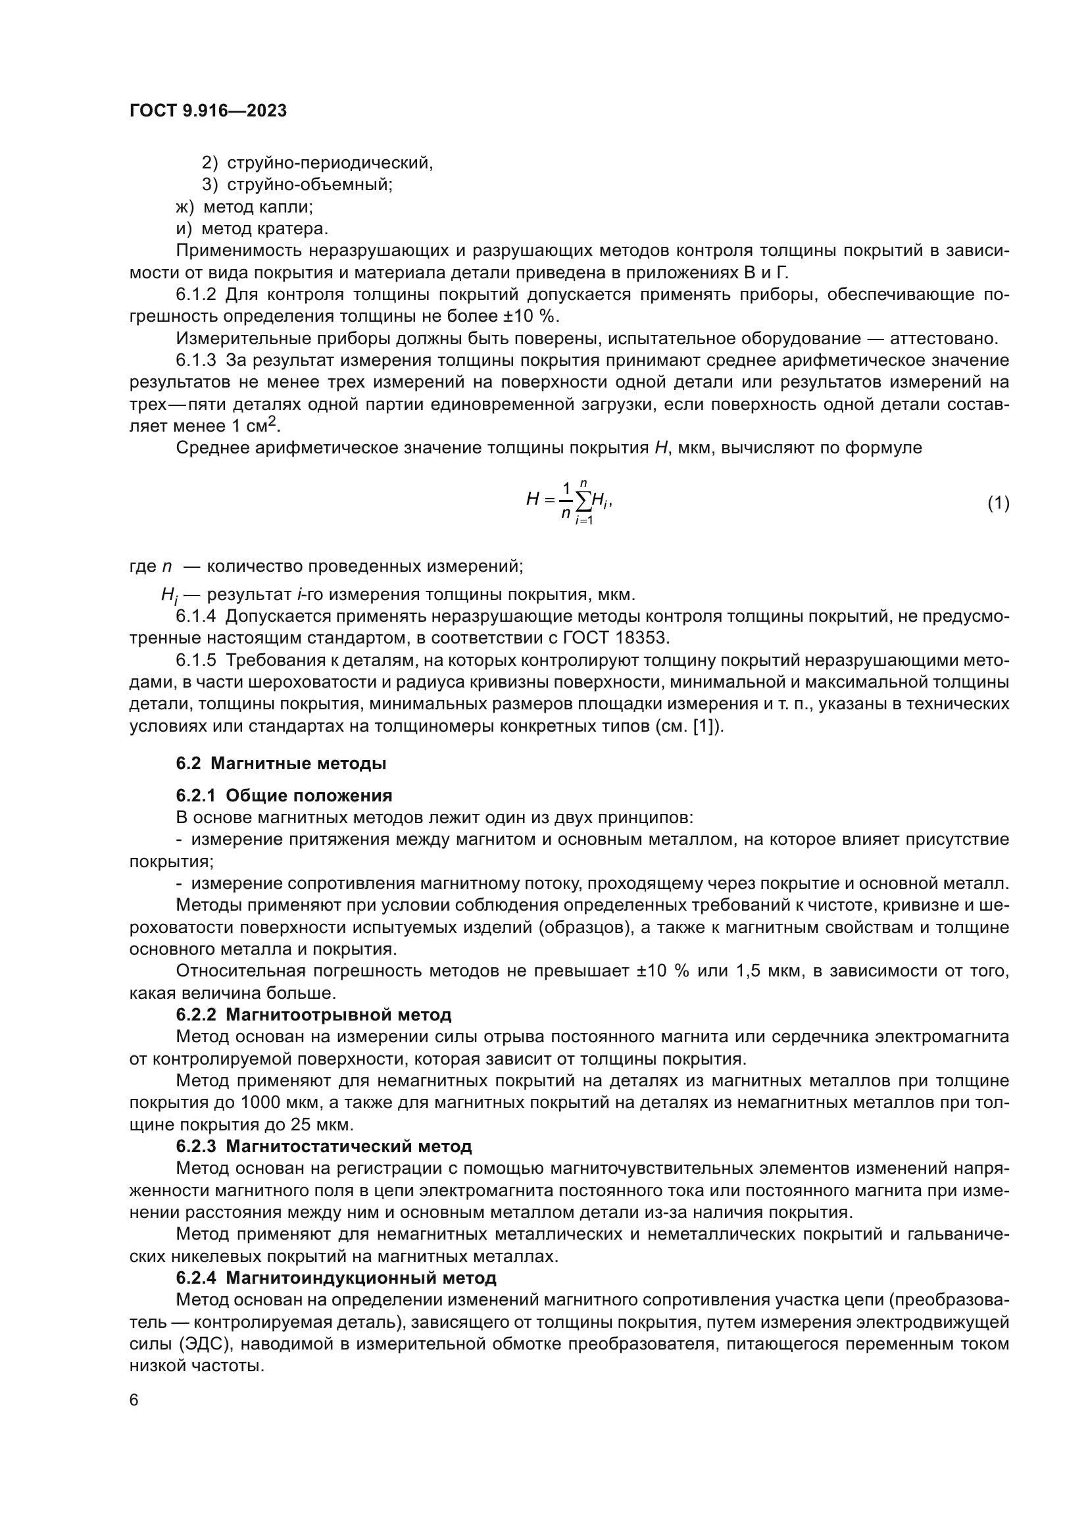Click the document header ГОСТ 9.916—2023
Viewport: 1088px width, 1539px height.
coord(208,111)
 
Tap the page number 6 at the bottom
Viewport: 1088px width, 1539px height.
coord(134,1400)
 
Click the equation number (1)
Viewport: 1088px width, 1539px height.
coord(999,503)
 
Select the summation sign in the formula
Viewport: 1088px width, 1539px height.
coord(583,500)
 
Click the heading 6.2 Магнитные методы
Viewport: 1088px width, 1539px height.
coord(282,763)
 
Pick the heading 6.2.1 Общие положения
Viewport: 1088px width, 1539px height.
coord(284,795)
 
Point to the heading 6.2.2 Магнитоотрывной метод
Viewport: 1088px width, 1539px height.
coord(314,1015)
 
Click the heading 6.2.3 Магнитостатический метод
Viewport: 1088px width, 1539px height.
coord(324,1146)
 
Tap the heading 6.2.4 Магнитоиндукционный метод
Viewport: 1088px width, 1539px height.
coord(336,1278)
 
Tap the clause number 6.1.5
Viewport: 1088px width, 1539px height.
coord(196,660)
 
